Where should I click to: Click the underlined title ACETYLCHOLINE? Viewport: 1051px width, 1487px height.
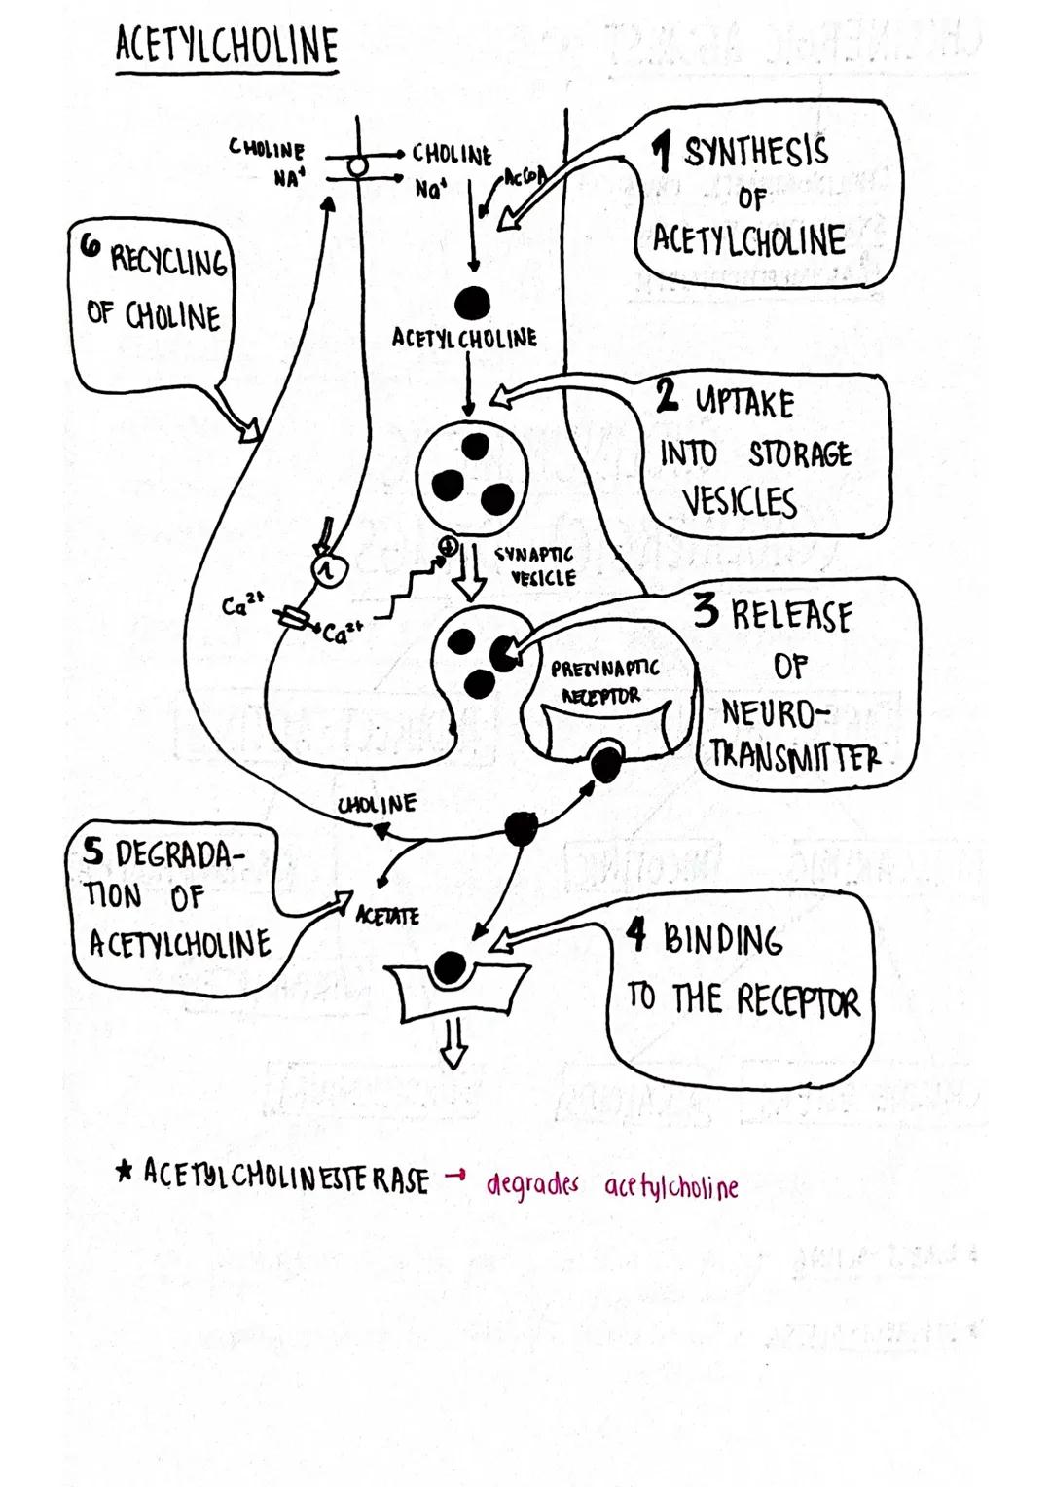227,46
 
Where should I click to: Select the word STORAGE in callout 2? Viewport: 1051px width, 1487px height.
800,454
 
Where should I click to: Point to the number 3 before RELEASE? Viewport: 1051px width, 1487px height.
707,610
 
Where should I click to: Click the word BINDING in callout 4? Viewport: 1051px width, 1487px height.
722,940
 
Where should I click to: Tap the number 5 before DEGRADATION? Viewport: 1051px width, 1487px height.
92,852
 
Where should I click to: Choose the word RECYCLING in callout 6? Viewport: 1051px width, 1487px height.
168,261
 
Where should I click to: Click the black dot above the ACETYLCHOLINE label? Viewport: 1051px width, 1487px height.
472,303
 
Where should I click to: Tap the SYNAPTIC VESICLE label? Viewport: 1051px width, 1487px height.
535,565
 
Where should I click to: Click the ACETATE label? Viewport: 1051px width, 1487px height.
387,916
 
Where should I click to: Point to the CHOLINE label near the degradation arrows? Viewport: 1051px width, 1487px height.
378,805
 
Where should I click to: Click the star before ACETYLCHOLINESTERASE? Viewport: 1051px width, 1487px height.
124,1172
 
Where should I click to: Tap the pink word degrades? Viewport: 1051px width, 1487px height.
531,1184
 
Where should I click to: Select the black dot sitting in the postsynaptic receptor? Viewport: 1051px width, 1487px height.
449,967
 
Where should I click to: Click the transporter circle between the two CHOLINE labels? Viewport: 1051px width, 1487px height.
358,167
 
